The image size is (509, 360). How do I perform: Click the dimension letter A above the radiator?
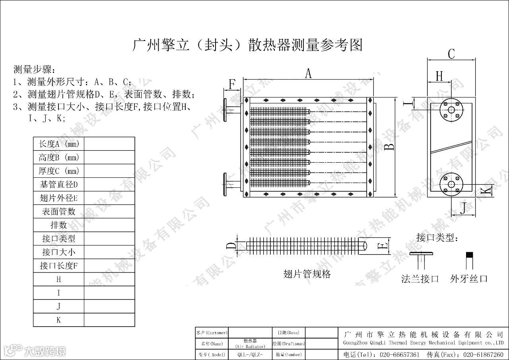click(x=308, y=74)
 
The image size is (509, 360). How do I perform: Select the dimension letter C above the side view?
click(x=451, y=54)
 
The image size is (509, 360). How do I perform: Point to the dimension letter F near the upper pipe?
click(x=232, y=84)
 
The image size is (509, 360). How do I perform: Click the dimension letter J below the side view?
click(x=463, y=208)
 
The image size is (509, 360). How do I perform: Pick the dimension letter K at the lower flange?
click(x=486, y=191)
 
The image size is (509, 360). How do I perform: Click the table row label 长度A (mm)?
click(x=59, y=144)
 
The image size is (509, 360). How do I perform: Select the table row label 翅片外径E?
click(x=59, y=198)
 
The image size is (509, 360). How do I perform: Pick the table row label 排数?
click(x=59, y=225)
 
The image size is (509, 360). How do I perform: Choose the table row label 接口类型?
click(x=59, y=238)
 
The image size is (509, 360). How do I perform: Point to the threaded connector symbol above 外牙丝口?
click(x=470, y=260)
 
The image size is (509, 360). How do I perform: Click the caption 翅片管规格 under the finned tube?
click(x=307, y=274)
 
